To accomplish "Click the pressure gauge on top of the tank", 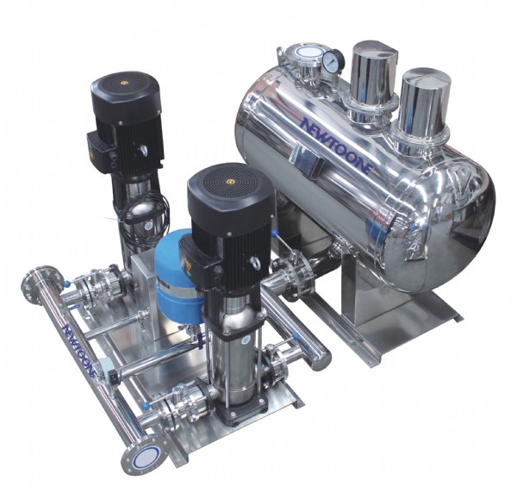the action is tap(333, 61).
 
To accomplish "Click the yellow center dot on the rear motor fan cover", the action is tap(125, 83).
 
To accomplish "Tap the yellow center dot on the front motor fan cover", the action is tap(230, 182).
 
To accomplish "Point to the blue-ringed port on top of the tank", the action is tap(305, 53).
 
